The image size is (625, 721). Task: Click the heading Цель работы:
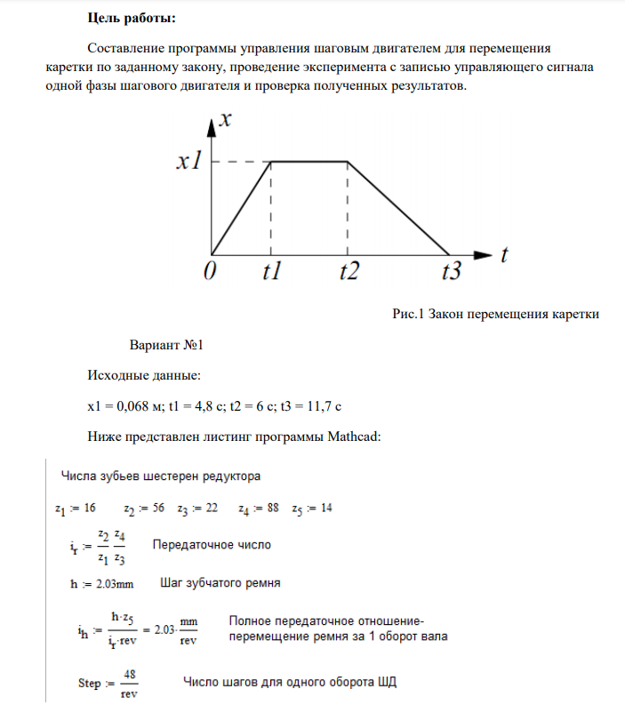(132, 19)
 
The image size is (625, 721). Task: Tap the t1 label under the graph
(271, 274)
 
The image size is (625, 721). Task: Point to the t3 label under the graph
(453, 274)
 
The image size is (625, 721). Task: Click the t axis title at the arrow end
(504, 255)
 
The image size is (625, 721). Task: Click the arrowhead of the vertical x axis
(212, 125)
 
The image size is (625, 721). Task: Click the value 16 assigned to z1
(90, 508)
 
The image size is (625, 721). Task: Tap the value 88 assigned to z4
(270, 508)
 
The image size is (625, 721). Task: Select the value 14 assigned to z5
(327, 508)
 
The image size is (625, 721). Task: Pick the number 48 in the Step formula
(128, 675)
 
